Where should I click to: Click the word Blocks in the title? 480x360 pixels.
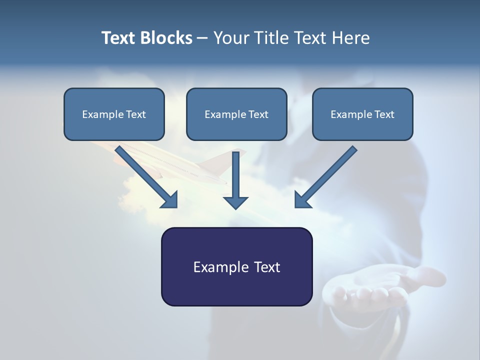pyautogui.click(x=166, y=38)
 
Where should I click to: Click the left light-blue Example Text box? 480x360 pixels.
pyautogui.click(x=114, y=114)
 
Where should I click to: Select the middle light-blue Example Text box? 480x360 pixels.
pyautogui.click(x=236, y=114)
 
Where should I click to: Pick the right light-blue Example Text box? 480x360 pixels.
pyautogui.click(x=363, y=114)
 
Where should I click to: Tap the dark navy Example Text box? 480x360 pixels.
pyautogui.click(x=237, y=266)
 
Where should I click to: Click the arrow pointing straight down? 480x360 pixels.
pyautogui.click(x=235, y=180)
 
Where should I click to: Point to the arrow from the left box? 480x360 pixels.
pyautogui.click(x=146, y=177)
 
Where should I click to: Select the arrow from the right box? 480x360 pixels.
pyautogui.click(x=326, y=177)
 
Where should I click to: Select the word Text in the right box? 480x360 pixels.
pyautogui.click(x=384, y=114)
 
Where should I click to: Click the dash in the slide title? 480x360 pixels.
pyautogui.click(x=202, y=38)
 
